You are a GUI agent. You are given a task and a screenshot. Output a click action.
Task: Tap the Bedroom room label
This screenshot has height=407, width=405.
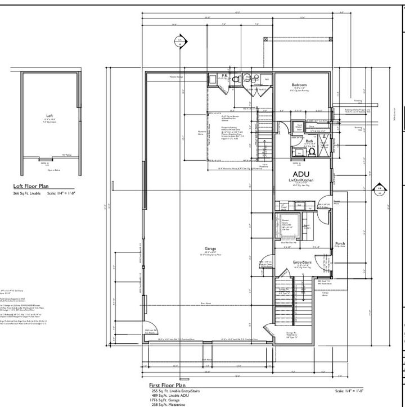point(299,85)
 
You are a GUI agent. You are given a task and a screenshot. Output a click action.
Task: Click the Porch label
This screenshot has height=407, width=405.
point(339,243)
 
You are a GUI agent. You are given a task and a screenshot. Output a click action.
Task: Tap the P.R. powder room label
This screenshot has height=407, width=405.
point(224,75)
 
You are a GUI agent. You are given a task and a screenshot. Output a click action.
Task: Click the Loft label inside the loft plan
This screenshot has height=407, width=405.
point(48,116)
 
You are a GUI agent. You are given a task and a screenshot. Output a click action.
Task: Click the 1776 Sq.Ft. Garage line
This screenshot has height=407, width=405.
point(169,399)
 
